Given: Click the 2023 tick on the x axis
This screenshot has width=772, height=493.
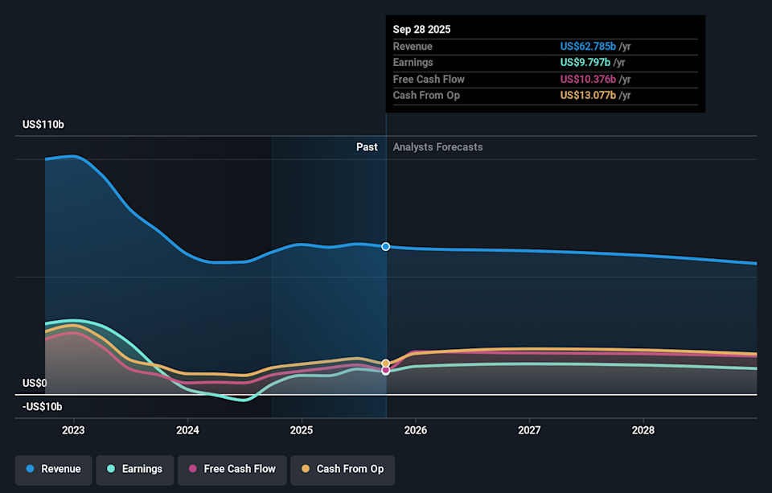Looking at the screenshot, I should point(73,430).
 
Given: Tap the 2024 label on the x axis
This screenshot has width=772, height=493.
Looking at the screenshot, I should point(187,430).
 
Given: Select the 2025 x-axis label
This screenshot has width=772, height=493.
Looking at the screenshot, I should point(302,430).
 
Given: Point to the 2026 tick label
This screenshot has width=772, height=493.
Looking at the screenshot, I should point(415,430).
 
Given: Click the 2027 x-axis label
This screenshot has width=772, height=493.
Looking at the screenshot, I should point(529,430).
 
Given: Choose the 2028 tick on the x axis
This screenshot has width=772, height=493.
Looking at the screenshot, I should point(643,430).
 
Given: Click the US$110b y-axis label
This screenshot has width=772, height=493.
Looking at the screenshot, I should point(43,125).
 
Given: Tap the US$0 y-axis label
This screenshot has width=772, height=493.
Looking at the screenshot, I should point(35,384).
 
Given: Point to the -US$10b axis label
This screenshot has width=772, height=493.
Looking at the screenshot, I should point(42,407).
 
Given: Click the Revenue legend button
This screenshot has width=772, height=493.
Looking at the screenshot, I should point(53,469).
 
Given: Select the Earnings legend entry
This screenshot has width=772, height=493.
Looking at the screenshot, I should point(133,469).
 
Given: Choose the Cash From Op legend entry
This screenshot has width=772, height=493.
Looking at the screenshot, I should point(342,469).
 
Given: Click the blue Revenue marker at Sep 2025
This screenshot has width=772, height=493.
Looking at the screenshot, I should point(386,246).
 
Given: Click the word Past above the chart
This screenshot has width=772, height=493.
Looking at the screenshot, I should point(367,147).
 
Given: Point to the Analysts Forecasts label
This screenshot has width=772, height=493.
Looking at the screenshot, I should point(437,147).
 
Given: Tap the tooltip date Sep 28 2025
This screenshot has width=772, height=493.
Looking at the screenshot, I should point(421,29).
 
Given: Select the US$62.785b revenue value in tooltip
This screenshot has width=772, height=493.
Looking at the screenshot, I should point(588,47).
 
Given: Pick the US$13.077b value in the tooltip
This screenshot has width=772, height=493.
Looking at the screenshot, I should point(588,96).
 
